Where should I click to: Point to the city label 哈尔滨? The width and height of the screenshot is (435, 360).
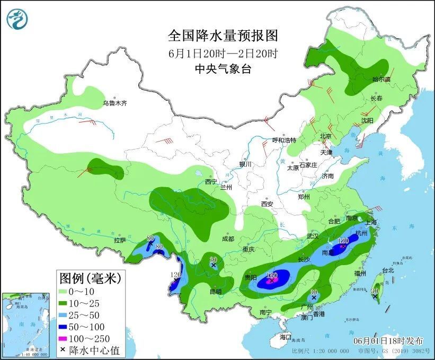tap(381, 80)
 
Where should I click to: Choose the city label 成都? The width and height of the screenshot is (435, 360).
tap(228, 239)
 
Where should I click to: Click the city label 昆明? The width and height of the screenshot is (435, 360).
tap(215, 291)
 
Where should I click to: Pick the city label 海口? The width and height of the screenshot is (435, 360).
tap(286, 337)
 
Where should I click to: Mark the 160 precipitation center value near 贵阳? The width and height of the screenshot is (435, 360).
tap(272, 276)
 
